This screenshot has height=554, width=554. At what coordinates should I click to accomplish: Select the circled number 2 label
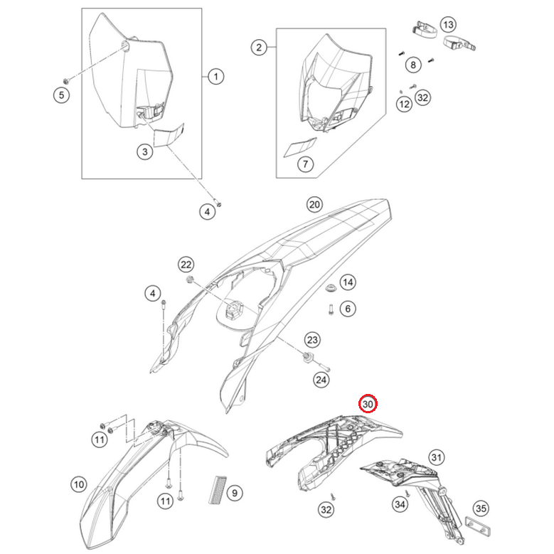pyautogui.click(x=259, y=48)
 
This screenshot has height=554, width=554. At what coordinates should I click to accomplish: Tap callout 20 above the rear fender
pyautogui.click(x=314, y=205)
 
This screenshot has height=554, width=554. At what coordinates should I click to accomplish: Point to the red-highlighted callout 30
pyautogui.click(x=368, y=404)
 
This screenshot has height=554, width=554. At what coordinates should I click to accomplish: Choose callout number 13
pyautogui.click(x=447, y=25)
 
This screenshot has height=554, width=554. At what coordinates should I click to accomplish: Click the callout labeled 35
pyautogui.click(x=481, y=508)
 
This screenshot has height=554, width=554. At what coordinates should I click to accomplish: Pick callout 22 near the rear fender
pyautogui.click(x=186, y=265)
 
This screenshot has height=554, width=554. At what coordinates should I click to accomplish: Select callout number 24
pyautogui.click(x=323, y=380)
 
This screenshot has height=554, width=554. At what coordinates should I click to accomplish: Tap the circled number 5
pyautogui.click(x=62, y=94)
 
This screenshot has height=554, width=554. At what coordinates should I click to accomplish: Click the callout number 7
pyautogui.click(x=304, y=165)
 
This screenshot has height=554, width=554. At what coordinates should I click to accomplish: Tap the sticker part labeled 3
pyautogui.click(x=170, y=135)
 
